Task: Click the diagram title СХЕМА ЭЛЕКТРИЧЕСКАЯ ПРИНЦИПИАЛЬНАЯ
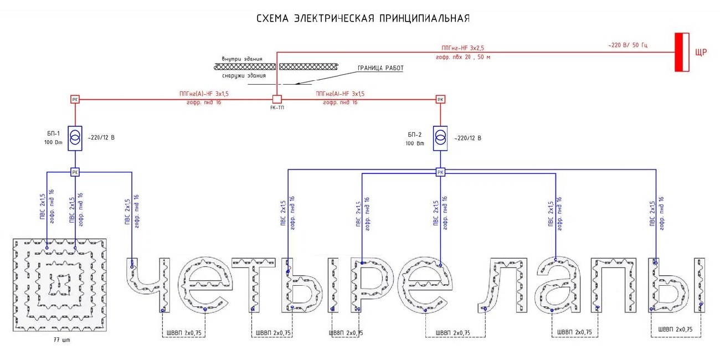(x=363, y=19)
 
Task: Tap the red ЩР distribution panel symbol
(x=682, y=52)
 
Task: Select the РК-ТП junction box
(x=277, y=99)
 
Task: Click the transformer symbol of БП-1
(x=75, y=137)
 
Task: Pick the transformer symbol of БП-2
(x=440, y=137)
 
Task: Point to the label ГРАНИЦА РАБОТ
(x=380, y=68)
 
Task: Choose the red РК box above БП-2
(x=440, y=100)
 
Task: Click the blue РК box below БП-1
(x=75, y=172)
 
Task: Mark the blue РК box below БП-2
(x=440, y=172)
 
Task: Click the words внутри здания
(x=241, y=59)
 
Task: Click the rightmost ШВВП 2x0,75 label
(x=675, y=330)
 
